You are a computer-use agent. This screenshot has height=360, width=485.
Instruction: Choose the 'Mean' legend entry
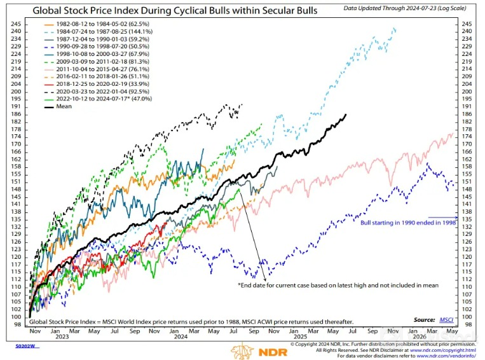[x=63, y=106]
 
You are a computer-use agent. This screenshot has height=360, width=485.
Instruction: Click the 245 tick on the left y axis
[x=15, y=24]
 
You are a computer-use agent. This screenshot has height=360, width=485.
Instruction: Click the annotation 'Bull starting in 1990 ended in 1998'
[x=409, y=223]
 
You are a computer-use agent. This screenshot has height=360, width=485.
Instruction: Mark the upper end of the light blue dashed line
[x=395, y=29]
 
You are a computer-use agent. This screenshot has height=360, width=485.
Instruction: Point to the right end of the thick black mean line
[x=346, y=115]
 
